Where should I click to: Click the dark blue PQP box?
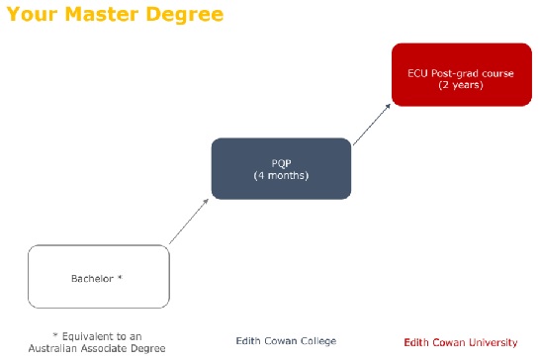pyautogui.click(x=281, y=169)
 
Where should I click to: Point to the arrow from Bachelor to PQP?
pyautogui.click(x=190, y=221)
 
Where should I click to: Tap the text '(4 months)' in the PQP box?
pyautogui.click(x=281, y=176)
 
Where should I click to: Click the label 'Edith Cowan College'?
pyautogui.click(x=286, y=341)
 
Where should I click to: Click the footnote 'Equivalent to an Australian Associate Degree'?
pyautogui.click(x=99, y=341)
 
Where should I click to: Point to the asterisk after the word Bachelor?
pyautogui.click(x=120, y=277)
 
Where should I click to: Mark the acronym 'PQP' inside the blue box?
pyautogui.click(x=281, y=163)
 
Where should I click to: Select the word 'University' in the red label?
pyautogui.click(x=492, y=342)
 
